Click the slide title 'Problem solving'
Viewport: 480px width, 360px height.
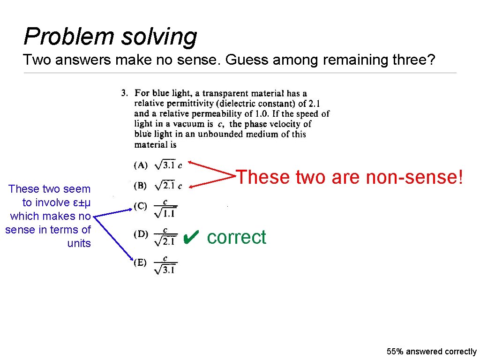110,37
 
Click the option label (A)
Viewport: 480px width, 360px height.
141,165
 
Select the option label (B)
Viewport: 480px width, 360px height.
141,186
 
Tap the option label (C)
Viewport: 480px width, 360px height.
141,206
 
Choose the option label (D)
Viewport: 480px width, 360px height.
141,234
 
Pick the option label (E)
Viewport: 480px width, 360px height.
141,262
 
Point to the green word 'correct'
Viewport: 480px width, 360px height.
236,237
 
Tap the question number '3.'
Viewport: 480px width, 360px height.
125,93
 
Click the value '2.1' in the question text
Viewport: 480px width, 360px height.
314,104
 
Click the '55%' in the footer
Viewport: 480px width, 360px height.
395,352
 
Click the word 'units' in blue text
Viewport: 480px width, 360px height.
79,243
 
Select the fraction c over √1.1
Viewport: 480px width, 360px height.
165,209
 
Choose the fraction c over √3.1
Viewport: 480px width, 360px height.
165,265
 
